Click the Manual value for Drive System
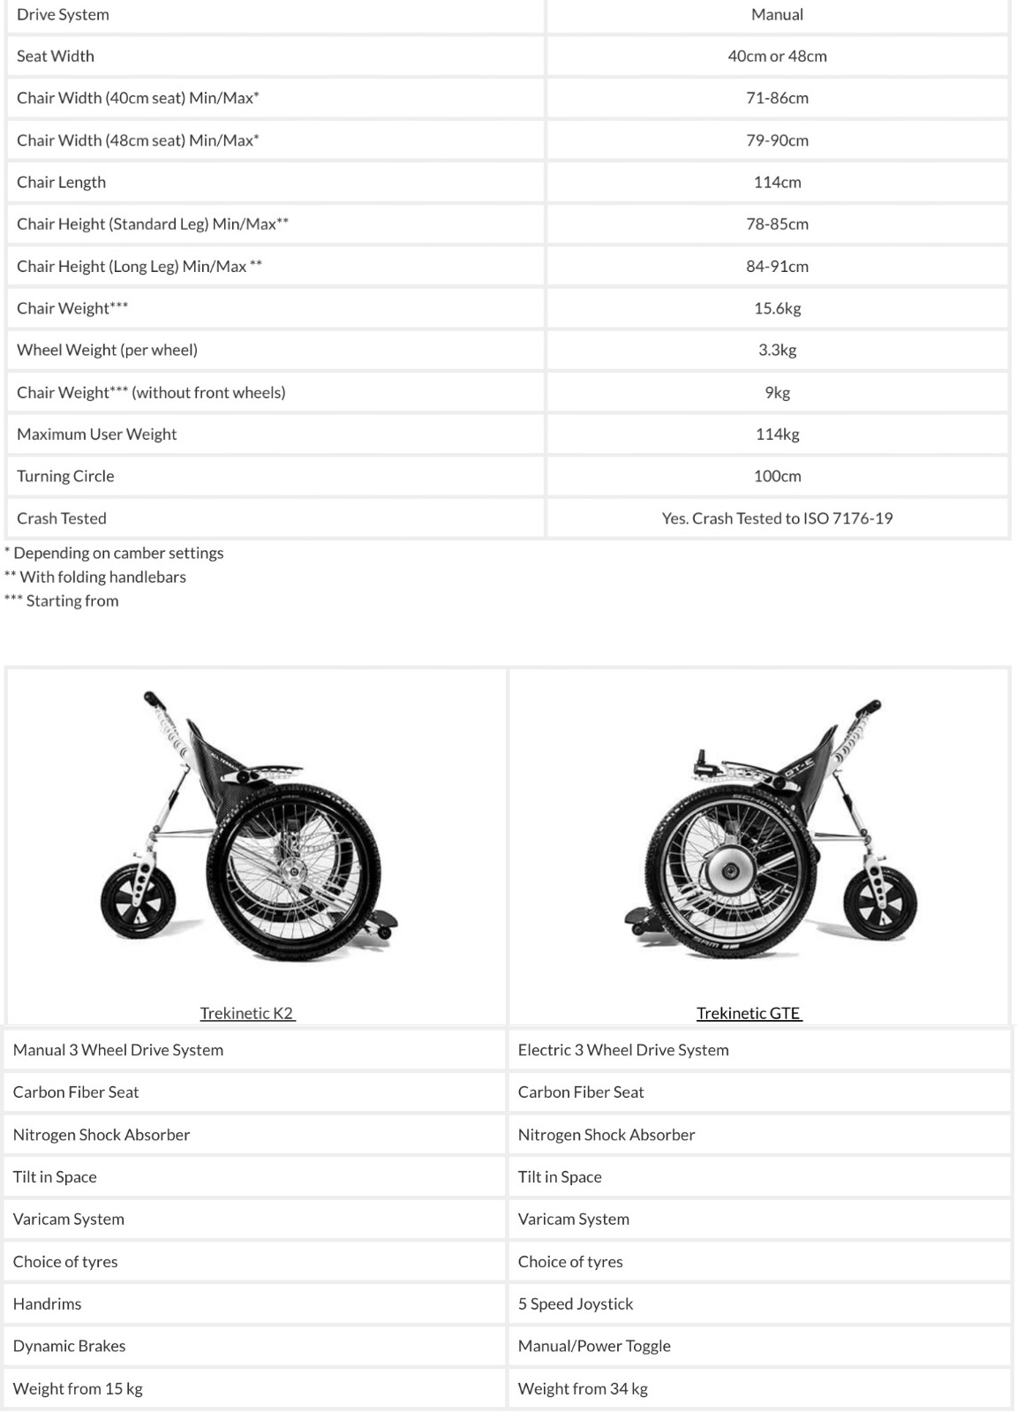(777, 15)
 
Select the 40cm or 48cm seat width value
(777, 57)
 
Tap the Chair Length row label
(61, 182)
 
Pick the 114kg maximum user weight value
(777, 434)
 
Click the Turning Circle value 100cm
(777, 476)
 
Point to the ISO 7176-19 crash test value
(777, 518)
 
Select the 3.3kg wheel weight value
(777, 350)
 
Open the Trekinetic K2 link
(247, 1013)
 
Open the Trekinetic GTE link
(749, 1013)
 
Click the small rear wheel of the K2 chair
(138, 903)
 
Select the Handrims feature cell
(48, 1303)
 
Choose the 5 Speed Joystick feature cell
(576, 1303)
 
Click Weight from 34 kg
(583, 1388)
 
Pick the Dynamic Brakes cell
(70, 1346)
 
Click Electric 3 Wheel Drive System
(623, 1050)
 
